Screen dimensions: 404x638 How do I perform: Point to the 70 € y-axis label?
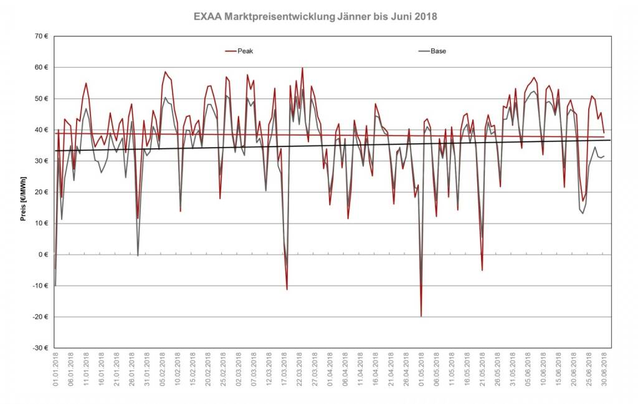41,36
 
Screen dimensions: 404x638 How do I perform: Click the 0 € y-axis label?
43,255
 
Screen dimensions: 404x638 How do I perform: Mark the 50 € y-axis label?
41,98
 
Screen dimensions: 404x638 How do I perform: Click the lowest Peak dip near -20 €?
421,316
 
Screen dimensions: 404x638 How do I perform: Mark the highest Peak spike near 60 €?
302,68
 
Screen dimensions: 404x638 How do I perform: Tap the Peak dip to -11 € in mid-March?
287,289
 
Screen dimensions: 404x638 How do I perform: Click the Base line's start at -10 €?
55,286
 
